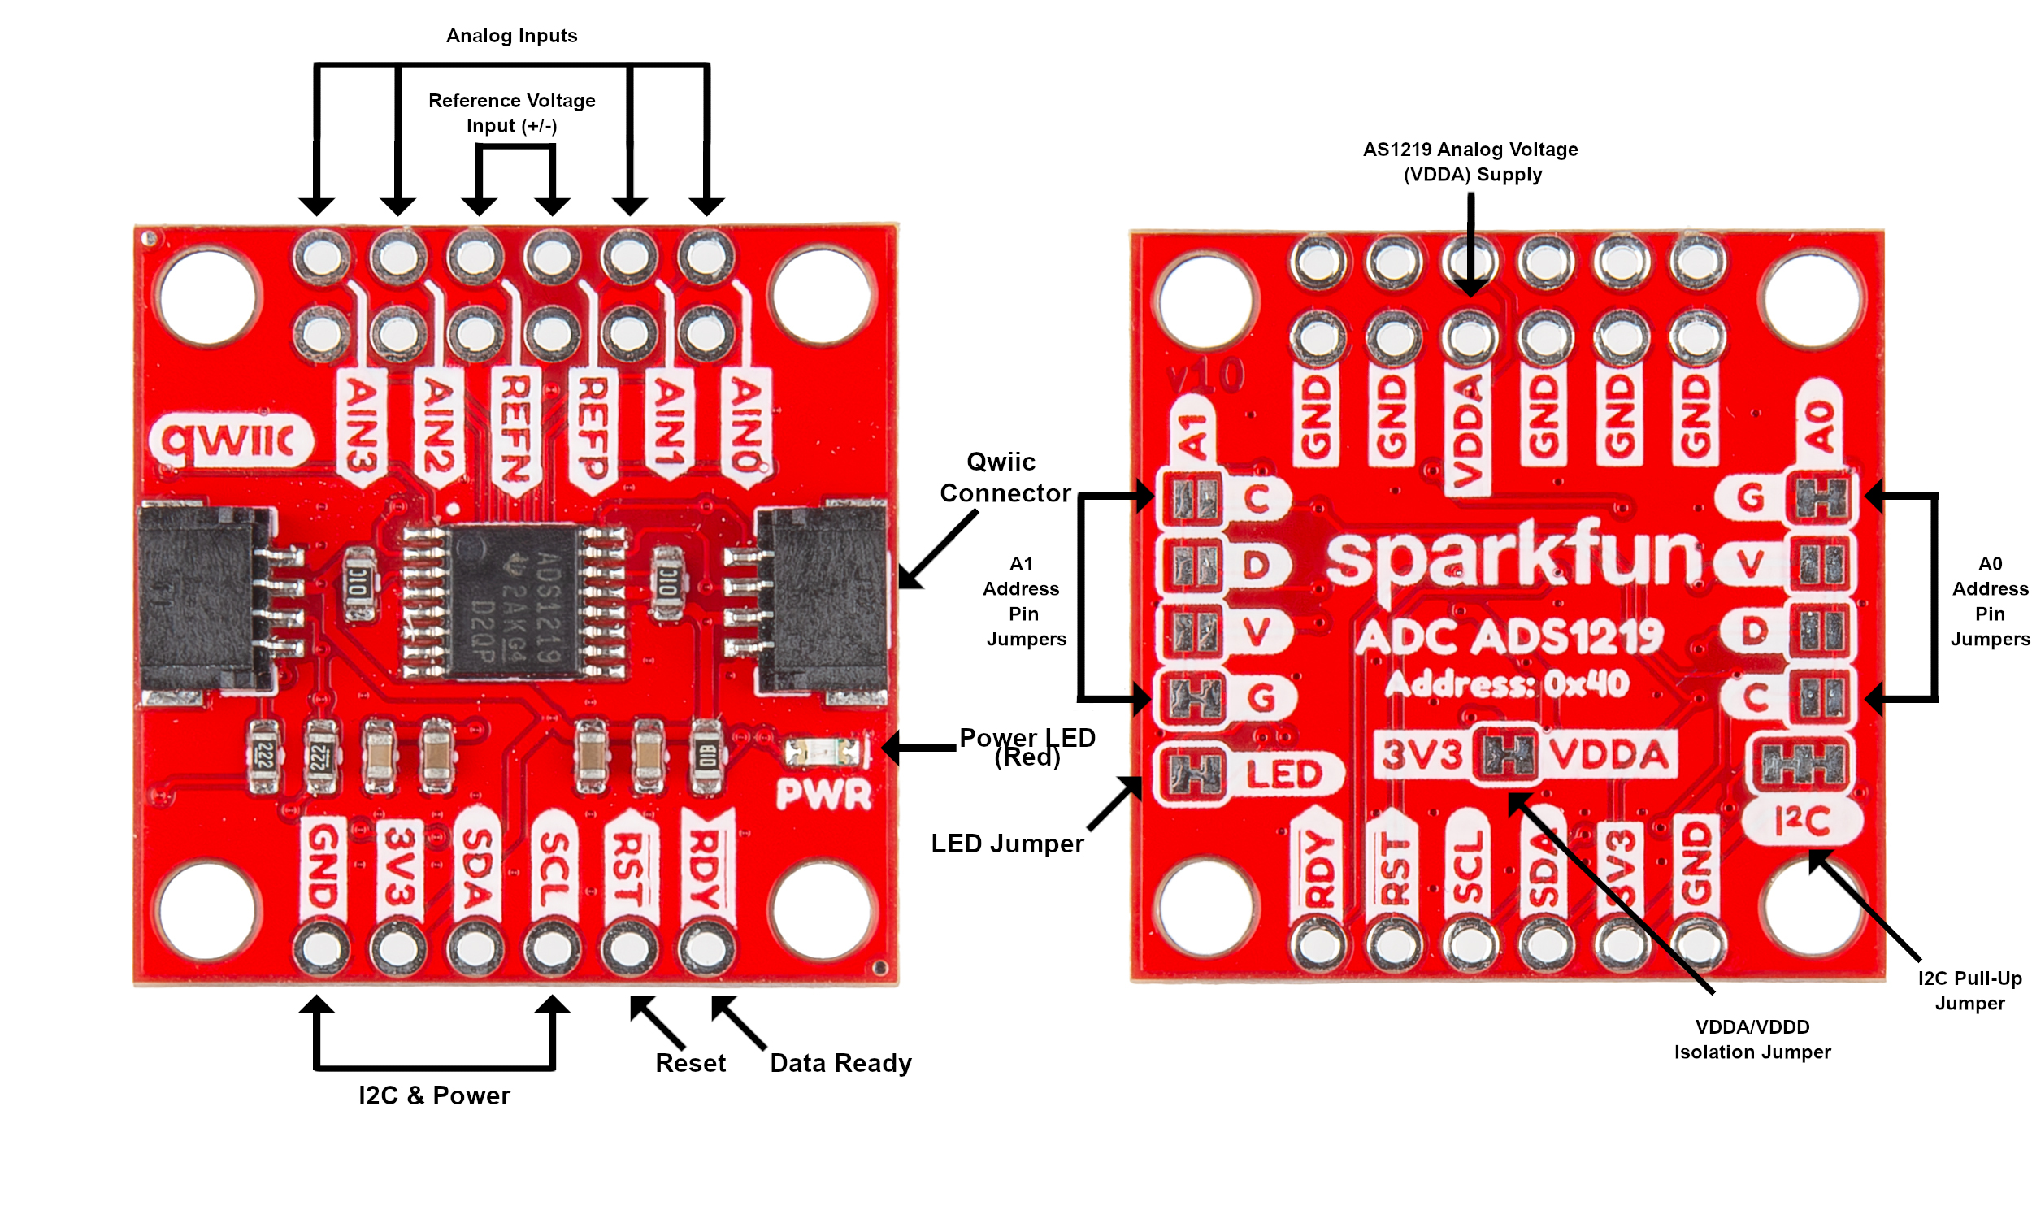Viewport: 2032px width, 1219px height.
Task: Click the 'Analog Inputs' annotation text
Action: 511,36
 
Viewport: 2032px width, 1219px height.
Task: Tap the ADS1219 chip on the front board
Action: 514,602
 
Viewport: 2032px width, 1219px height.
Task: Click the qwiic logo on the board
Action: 231,441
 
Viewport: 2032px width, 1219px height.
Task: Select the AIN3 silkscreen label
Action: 362,426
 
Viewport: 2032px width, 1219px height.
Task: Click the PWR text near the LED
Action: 823,794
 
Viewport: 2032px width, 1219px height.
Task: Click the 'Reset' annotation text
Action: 690,1063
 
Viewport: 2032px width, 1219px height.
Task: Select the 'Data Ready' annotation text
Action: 840,1063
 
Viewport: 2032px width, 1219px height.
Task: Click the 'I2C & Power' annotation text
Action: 434,1095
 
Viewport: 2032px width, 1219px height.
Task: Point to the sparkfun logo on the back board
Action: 1515,558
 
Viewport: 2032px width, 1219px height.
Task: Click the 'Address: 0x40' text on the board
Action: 1506,683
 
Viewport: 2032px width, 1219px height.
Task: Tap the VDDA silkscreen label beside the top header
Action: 1467,432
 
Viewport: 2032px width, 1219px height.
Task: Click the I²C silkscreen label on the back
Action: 1802,820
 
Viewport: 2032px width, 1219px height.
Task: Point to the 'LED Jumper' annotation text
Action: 1007,844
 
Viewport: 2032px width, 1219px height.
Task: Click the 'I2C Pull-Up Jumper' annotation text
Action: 1969,990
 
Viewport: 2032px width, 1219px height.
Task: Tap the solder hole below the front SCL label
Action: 552,948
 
